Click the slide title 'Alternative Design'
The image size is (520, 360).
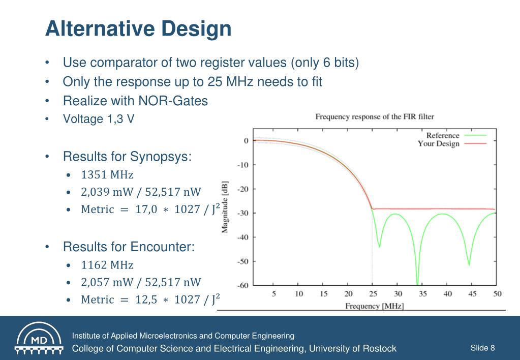(138, 28)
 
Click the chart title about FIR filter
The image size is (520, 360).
(375, 117)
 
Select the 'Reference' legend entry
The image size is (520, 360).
(443, 136)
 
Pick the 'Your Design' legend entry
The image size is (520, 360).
(438, 144)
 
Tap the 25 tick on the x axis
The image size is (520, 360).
(373, 293)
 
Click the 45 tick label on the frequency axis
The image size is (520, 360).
(472, 293)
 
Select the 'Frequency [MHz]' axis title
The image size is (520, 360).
(375, 306)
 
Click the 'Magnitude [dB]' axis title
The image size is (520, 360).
(225, 206)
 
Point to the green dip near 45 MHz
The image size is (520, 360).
(469, 264)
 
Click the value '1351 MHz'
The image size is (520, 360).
(107, 175)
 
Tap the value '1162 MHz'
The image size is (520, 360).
(107, 265)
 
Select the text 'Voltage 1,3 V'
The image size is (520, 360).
(99, 119)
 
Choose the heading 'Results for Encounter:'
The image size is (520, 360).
(129, 247)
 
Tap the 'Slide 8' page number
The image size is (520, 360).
(482, 348)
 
